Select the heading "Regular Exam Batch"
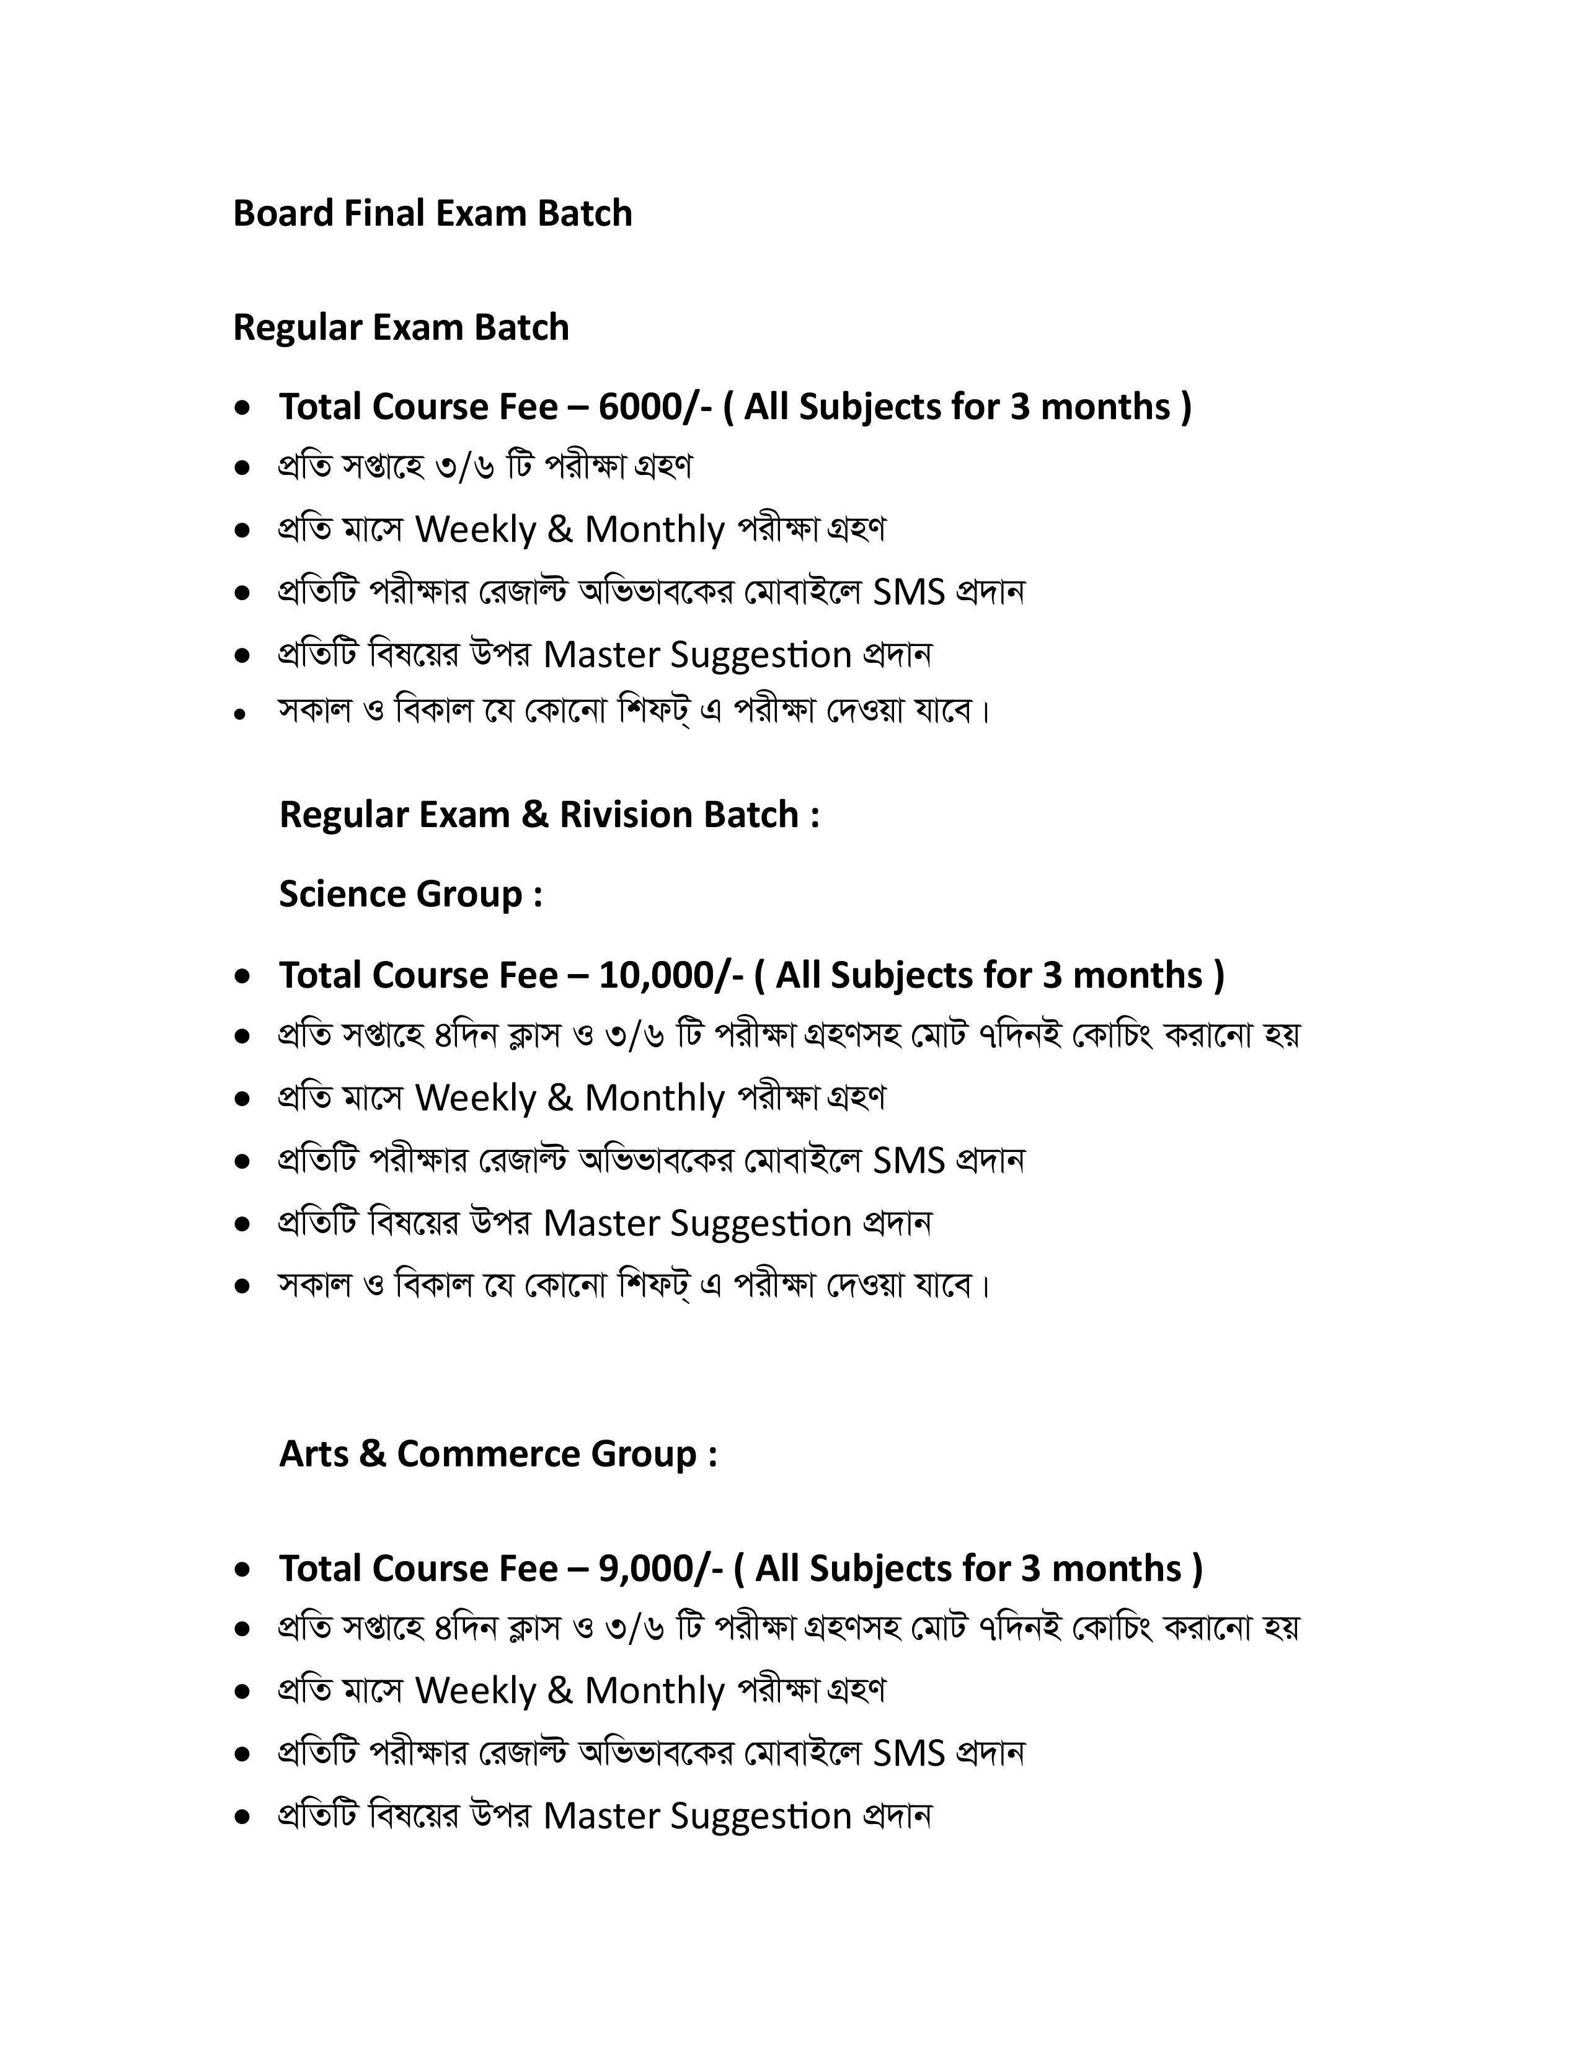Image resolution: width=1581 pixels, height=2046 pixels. tap(401, 328)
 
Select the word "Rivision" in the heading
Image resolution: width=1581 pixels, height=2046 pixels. tap(626, 815)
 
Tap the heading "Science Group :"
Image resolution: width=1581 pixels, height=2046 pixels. tap(410, 895)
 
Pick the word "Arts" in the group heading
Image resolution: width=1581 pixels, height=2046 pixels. tap(314, 1454)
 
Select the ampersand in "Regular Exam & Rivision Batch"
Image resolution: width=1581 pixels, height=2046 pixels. tap(535, 815)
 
